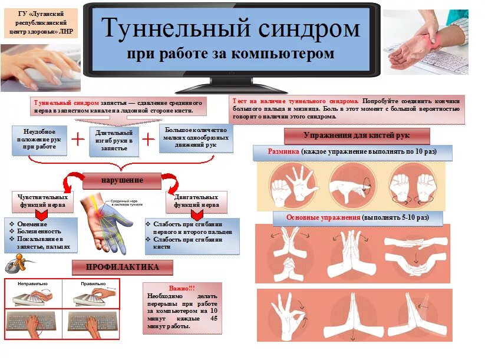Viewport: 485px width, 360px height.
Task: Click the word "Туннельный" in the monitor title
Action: click(171, 28)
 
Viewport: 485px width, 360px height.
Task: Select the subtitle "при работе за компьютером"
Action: click(230, 54)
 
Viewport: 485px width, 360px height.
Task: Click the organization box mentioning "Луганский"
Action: click(39, 23)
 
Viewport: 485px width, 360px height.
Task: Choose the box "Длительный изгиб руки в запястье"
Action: click(114, 141)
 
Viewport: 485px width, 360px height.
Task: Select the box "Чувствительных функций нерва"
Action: click(43, 202)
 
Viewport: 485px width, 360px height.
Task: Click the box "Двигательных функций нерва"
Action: click(196, 202)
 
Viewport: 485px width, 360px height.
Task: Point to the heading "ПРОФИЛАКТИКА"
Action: click(123, 267)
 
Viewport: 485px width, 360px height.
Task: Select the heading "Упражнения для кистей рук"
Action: click(357, 136)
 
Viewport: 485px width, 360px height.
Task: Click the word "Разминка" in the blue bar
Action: click(283, 152)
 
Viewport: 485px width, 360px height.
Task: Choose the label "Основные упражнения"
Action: click(323, 217)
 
